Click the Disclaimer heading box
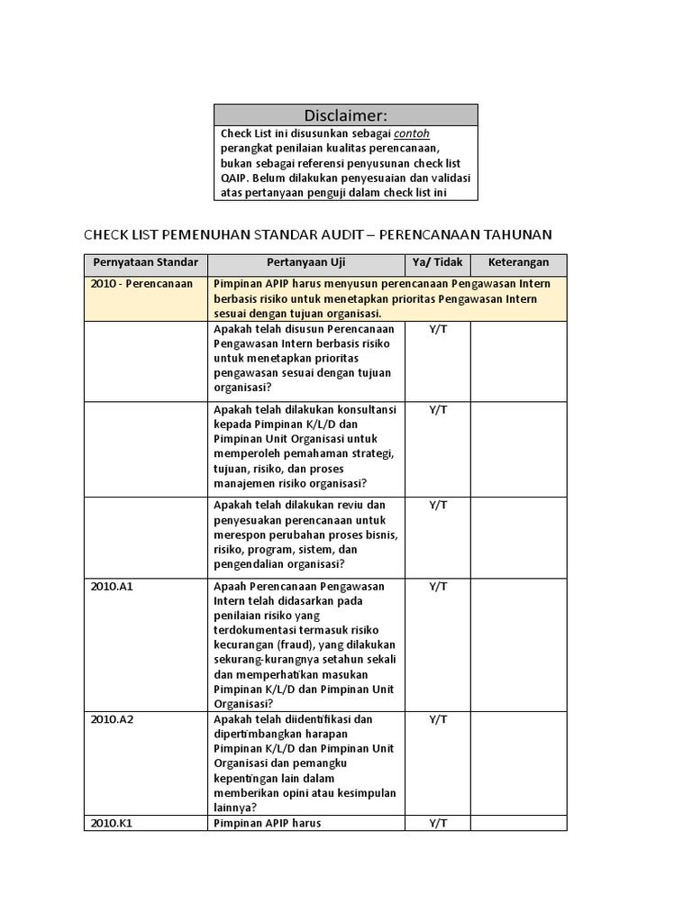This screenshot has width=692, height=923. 346,115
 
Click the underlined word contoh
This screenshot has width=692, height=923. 412,133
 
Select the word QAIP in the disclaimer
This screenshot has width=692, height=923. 234,178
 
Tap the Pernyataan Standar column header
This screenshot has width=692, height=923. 145,263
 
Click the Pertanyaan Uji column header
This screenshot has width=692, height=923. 305,263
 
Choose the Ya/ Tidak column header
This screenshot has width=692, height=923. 437,263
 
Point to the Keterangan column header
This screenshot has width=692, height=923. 518,263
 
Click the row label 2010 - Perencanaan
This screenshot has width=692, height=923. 141,284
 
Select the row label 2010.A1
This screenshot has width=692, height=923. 111,586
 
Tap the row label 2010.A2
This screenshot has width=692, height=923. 111,719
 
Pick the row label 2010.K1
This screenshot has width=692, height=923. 111,823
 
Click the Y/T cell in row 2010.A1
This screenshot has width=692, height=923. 437,586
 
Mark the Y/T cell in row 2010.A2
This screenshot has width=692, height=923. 437,719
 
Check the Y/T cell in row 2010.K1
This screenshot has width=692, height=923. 437,823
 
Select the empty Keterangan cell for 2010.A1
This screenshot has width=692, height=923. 518,644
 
